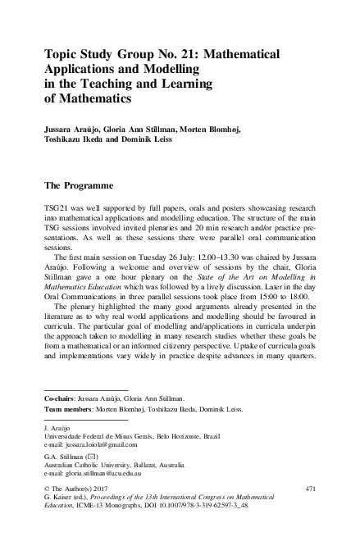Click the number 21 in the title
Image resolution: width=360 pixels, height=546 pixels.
click(185, 55)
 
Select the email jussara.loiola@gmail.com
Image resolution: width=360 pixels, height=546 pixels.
click(100, 443)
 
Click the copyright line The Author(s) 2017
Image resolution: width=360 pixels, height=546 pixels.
click(83, 489)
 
